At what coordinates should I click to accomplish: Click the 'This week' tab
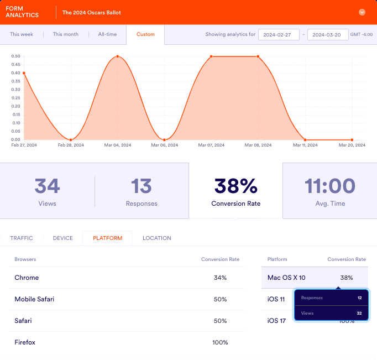tap(22, 34)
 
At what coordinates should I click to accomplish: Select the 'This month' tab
tap(65, 34)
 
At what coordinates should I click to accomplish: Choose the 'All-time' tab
tap(107, 34)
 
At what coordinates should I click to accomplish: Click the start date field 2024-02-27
tap(279, 34)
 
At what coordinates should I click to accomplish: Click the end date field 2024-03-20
tap(327, 34)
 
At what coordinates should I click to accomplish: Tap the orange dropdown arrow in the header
tap(362, 12)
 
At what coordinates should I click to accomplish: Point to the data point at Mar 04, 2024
tap(118, 56)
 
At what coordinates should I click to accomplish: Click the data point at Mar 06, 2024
tap(165, 139)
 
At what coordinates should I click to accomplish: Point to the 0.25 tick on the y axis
tap(16, 98)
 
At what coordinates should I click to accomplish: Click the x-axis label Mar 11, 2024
tap(305, 145)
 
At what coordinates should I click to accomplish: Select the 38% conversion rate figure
tap(235, 186)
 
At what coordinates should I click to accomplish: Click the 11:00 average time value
tap(329, 186)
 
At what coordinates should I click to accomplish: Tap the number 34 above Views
tap(47, 186)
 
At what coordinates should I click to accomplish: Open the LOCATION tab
tap(156, 238)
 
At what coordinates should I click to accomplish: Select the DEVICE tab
tap(62, 238)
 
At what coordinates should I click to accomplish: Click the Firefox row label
tap(25, 342)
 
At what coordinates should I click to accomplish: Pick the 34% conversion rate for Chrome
tap(220, 278)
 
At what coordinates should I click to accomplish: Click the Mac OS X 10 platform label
tap(286, 278)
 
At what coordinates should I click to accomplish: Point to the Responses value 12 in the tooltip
tap(359, 298)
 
